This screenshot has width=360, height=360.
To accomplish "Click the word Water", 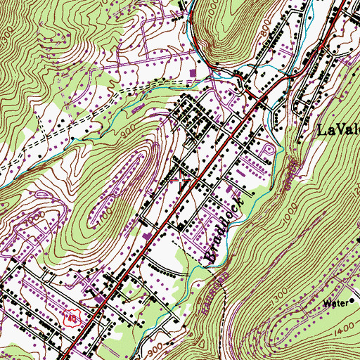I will tap(335, 304).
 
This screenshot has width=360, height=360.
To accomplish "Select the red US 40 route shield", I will tap(70, 319).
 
